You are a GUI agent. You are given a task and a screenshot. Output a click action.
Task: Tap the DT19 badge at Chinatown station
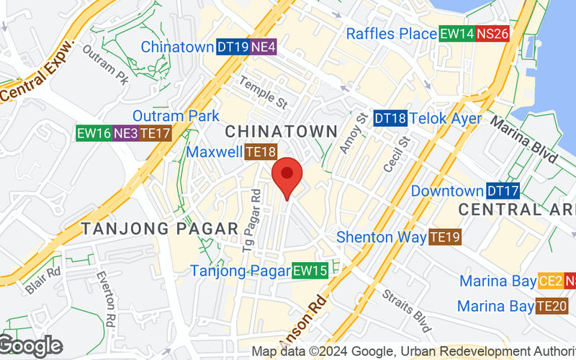233,47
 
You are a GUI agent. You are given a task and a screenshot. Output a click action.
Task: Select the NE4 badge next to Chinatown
264,47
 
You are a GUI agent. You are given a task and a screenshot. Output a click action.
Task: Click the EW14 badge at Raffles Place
456,33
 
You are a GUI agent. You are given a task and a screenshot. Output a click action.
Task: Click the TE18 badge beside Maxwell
261,152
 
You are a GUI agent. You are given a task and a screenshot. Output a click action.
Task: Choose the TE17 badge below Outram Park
154,133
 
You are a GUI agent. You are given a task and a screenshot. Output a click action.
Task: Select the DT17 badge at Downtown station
503,192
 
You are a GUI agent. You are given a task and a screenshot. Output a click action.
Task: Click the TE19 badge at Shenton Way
445,237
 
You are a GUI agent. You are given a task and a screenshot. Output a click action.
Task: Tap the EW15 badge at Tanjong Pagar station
310,271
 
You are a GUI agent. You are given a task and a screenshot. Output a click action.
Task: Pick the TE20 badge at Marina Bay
552,306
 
